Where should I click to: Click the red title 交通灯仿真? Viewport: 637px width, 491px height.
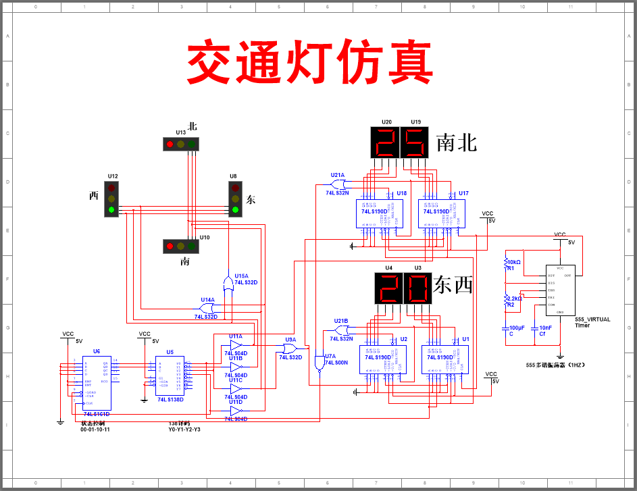[x=309, y=61]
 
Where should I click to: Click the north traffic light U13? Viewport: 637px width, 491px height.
[x=181, y=143]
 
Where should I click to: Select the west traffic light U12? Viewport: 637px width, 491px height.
[x=111, y=199]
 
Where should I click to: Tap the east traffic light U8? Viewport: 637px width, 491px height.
[x=235, y=199]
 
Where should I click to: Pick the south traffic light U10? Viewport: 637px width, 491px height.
[x=180, y=247]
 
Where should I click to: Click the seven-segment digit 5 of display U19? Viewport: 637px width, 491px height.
[x=415, y=143]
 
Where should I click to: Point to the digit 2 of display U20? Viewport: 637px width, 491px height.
[x=386, y=143]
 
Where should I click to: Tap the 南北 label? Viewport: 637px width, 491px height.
[x=457, y=143]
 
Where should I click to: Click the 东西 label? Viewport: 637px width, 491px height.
[x=453, y=286]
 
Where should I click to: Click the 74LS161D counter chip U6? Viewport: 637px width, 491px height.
[x=97, y=382]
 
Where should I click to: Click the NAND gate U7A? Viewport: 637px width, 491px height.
[x=319, y=364]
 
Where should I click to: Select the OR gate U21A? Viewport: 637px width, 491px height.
[x=338, y=184]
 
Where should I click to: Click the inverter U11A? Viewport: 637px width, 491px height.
[x=236, y=345]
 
